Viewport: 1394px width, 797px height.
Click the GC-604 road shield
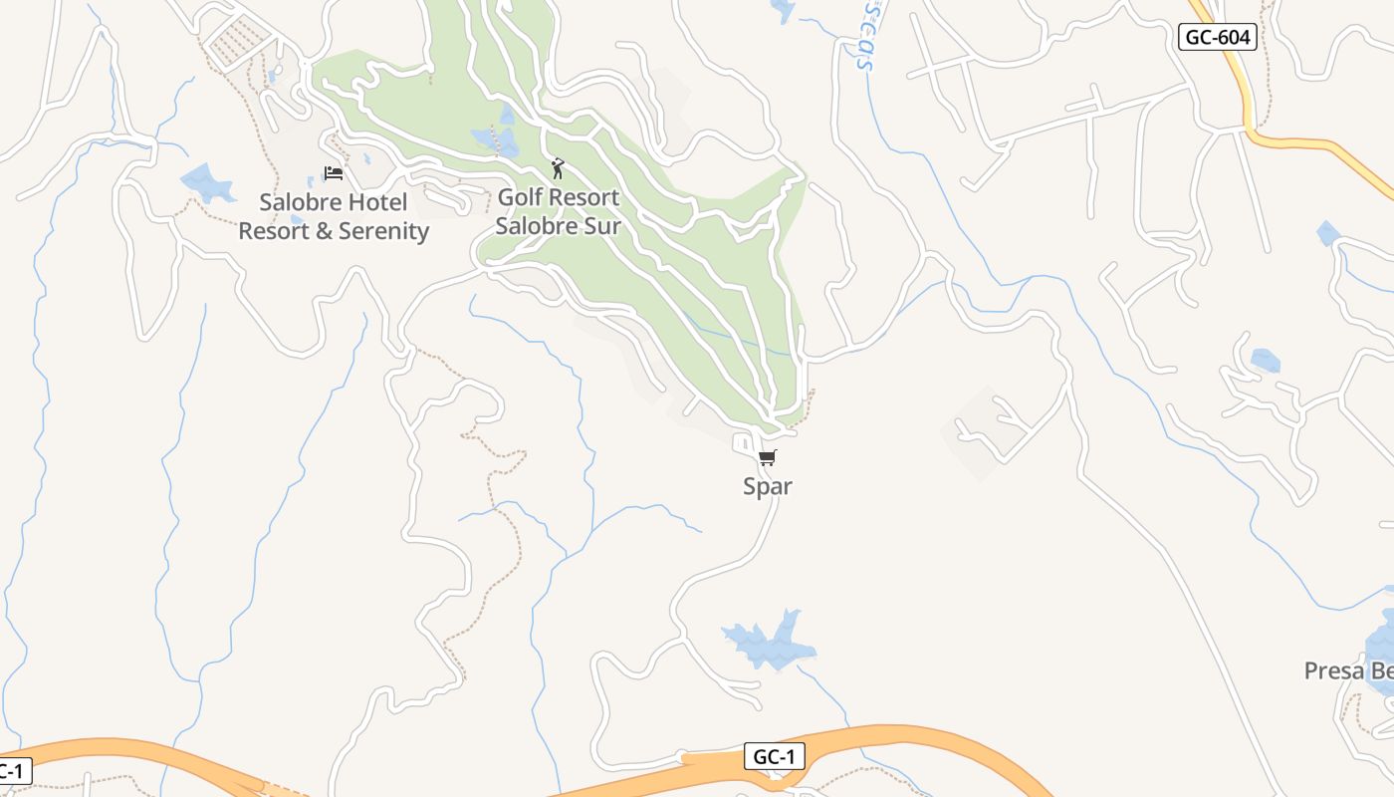click(1217, 38)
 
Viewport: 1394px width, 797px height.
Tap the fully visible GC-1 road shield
click(774, 756)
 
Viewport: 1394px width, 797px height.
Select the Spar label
click(768, 486)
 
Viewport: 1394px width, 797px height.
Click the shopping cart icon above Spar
click(767, 458)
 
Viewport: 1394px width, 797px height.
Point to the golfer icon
click(558, 168)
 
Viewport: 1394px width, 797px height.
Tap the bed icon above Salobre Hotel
click(334, 173)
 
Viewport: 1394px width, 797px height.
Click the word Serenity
click(383, 231)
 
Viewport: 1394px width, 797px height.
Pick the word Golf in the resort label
click(520, 197)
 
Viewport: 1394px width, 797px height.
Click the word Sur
click(601, 225)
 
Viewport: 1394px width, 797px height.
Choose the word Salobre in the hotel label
click(295, 202)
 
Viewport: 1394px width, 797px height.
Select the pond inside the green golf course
click(495, 139)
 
